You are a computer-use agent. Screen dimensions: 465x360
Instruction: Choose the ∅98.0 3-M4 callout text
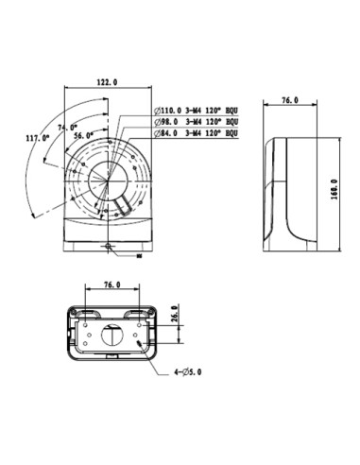pyautogui.click(x=195, y=123)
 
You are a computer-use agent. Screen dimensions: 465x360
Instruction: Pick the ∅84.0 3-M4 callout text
pyautogui.click(x=195, y=133)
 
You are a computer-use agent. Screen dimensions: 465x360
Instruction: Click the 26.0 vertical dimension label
pyautogui.click(x=174, y=314)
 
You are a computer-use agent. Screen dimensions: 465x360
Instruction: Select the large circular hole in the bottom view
pyautogui.click(x=111, y=337)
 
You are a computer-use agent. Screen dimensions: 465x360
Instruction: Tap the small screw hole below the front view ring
pyautogui.click(x=110, y=247)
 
